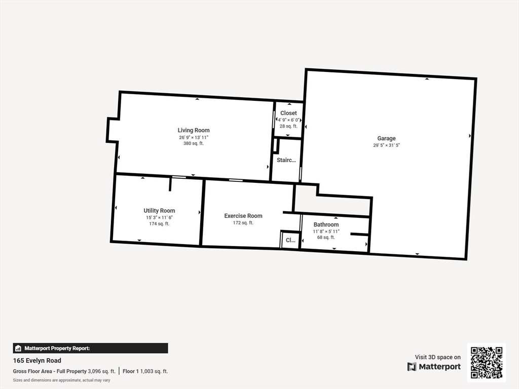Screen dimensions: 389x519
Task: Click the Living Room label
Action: click(194, 130)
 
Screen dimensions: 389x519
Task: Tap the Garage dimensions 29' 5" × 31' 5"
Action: click(387, 145)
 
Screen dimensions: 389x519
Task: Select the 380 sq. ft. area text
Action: click(194, 143)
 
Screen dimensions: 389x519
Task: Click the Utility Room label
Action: click(159, 211)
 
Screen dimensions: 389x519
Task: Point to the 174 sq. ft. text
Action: click(159, 223)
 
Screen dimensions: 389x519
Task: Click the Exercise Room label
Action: click(243, 216)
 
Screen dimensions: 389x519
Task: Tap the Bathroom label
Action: click(326, 224)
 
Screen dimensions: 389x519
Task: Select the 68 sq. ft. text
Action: click(326, 237)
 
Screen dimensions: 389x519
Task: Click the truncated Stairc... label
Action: click(286, 160)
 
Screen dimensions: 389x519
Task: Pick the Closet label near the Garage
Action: click(288, 113)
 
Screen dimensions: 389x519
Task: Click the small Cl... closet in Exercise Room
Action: click(290, 240)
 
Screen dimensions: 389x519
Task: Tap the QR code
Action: click(486, 363)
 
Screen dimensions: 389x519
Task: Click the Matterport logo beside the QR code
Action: click(434, 367)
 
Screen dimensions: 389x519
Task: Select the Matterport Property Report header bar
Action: click(90, 348)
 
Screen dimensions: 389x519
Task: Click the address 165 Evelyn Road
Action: click(37, 361)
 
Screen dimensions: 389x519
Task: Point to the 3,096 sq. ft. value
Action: click(102, 371)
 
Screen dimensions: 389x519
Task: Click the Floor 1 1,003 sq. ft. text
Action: click(145, 371)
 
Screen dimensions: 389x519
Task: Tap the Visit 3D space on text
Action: click(437, 357)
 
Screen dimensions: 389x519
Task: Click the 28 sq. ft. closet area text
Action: click(288, 126)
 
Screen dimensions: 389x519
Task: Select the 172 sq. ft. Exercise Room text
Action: click(243, 223)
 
